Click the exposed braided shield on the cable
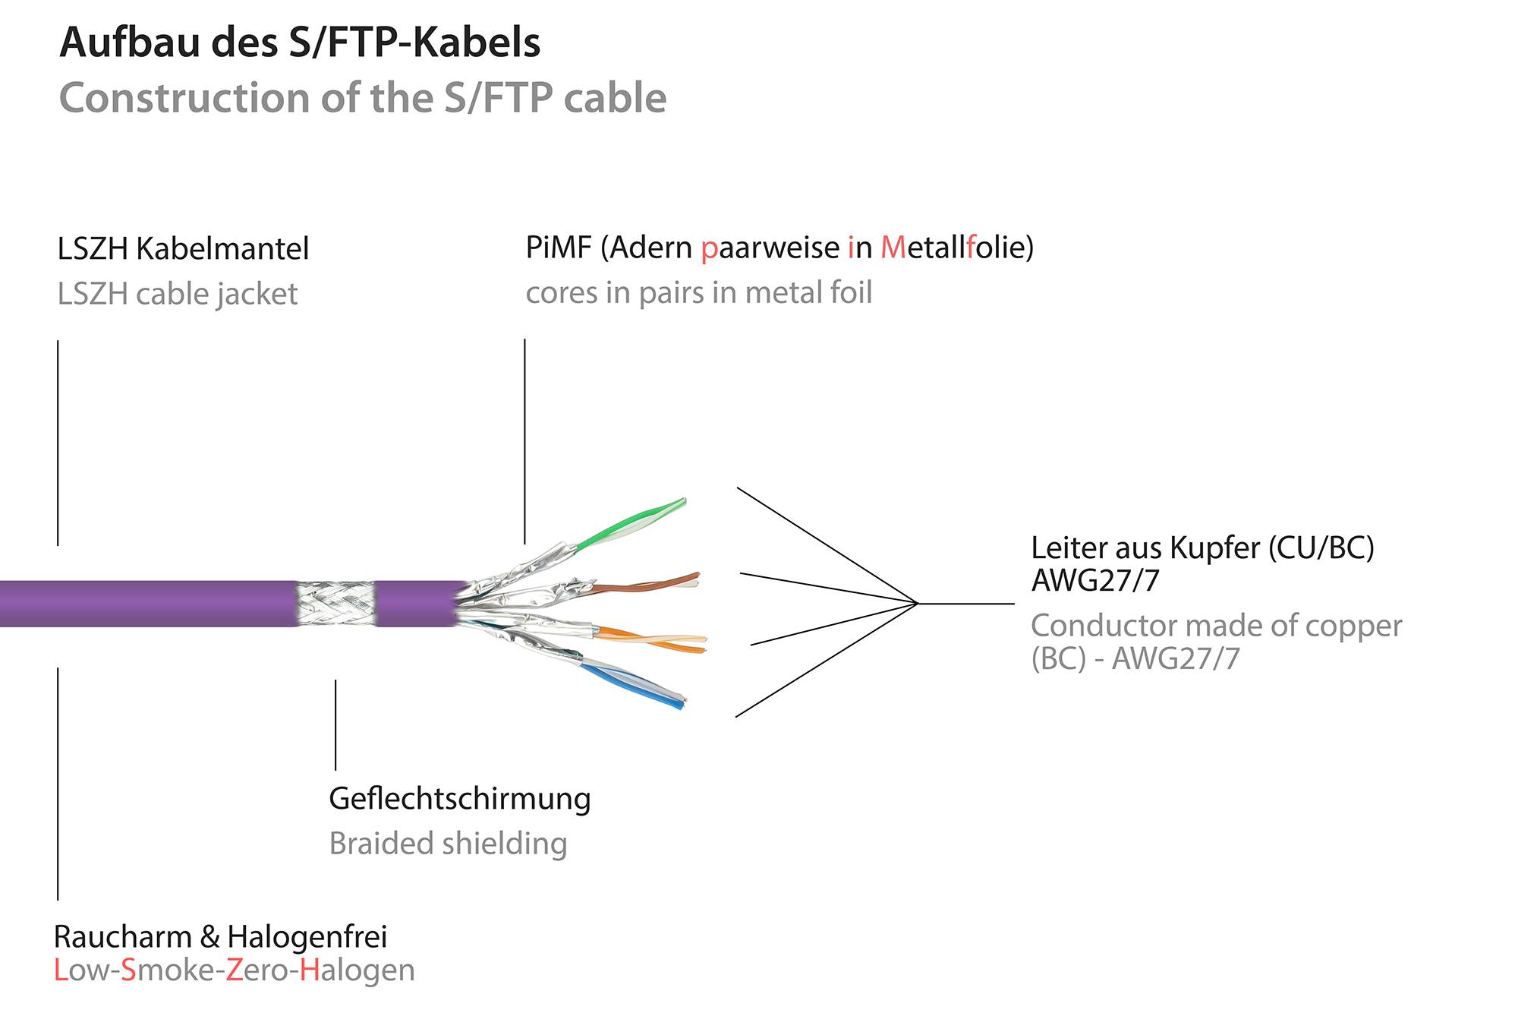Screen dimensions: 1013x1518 [335, 604]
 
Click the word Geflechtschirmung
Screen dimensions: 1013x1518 [459, 799]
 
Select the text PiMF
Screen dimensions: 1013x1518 [558, 248]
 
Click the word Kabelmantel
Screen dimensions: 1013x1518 [222, 249]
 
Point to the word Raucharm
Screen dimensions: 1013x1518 [122, 937]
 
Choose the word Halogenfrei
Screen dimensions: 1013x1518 [307, 937]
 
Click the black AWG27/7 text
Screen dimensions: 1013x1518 [1095, 581]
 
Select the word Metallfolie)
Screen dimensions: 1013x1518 [957, 248]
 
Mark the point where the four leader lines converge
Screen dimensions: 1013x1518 [918, 604]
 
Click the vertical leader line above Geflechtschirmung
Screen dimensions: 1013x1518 [335, 725]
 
